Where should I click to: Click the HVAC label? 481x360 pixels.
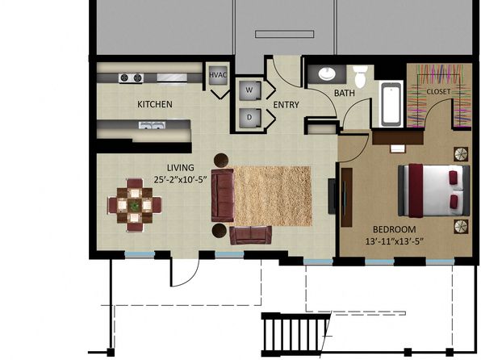point(218,75)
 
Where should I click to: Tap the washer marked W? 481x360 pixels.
point(250,90)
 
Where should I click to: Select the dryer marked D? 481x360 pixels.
point(250,117)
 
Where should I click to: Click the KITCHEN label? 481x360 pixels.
point(155,104)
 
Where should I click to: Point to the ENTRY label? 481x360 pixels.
point(286,105)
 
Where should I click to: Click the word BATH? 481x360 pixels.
point(344,93)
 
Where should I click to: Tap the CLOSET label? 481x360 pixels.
point(438,91)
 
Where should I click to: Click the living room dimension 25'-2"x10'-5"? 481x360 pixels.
point(181,179)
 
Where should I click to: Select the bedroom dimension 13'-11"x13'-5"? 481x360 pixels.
point(394,241)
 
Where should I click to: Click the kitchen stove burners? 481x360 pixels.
point(132,78)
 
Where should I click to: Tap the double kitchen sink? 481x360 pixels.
point(152,125)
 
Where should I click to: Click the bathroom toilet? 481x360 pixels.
point(360,76)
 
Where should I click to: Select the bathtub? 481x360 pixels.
point(391,104)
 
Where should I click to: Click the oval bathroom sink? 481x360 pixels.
point(327,73)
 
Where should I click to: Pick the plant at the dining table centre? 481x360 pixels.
point(134,205)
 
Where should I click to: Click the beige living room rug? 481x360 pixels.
point(273,196)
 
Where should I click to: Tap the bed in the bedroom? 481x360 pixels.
point(433,190)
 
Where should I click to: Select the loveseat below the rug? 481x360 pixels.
point(251,236)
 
